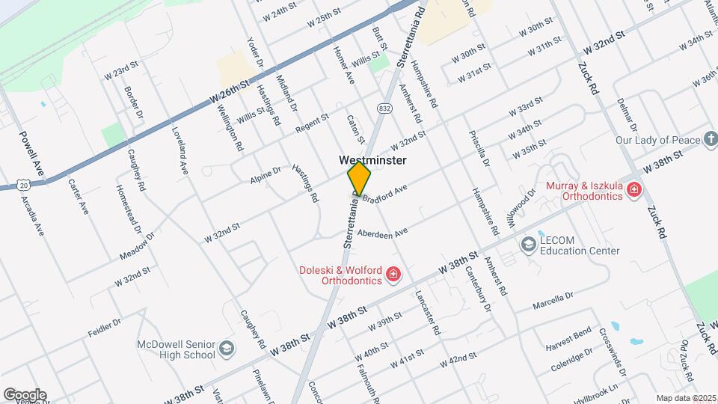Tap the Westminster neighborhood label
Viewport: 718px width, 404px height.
click(x=372, y=160)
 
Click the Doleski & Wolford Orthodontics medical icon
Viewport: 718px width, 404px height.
click(x=393, y=275)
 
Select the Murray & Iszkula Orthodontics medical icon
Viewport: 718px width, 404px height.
click(x=634, y=190)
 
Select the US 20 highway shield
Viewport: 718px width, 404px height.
click(x=22, y=183)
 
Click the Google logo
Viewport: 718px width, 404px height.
click(x=25, y=394)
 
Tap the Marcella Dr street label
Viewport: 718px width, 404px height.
click(x=553, y=302)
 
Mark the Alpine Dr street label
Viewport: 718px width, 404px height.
click(x=266, y=175)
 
